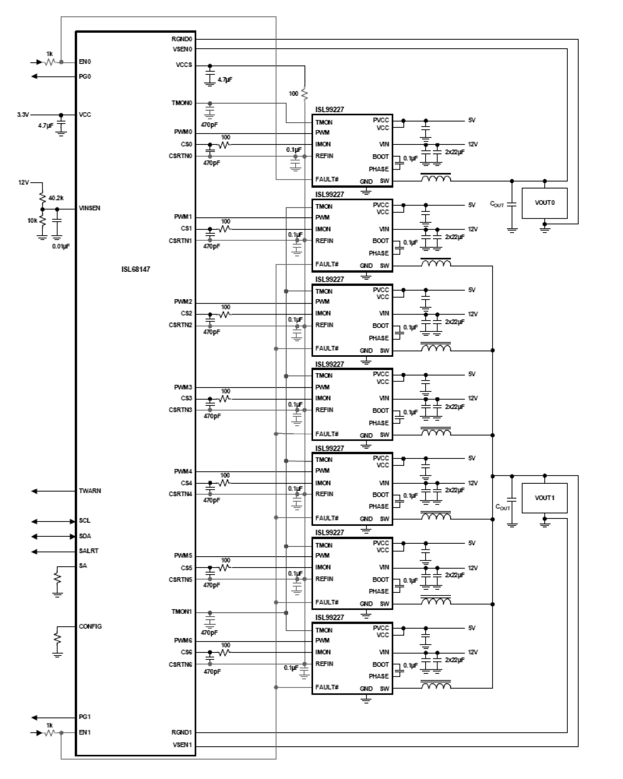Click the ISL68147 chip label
[135, 269]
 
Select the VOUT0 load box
[544, 203]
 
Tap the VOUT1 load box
[544, 498]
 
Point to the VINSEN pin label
[89, 208]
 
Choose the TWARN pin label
[90, 491]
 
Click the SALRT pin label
[89, 551]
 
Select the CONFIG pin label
[90, 627]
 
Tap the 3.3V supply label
[23, 115]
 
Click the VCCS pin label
[184, 65]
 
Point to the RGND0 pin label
[182, 39]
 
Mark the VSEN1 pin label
[182, 745]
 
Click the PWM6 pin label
[183, 641]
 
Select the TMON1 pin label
[182, 612]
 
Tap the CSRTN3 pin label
[180, 410]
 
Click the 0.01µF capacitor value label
[61, 246]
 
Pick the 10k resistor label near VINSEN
[32, 220]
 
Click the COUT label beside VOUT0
[497, 204]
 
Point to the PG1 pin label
[85, 717]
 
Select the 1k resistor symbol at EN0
[50, 62]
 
